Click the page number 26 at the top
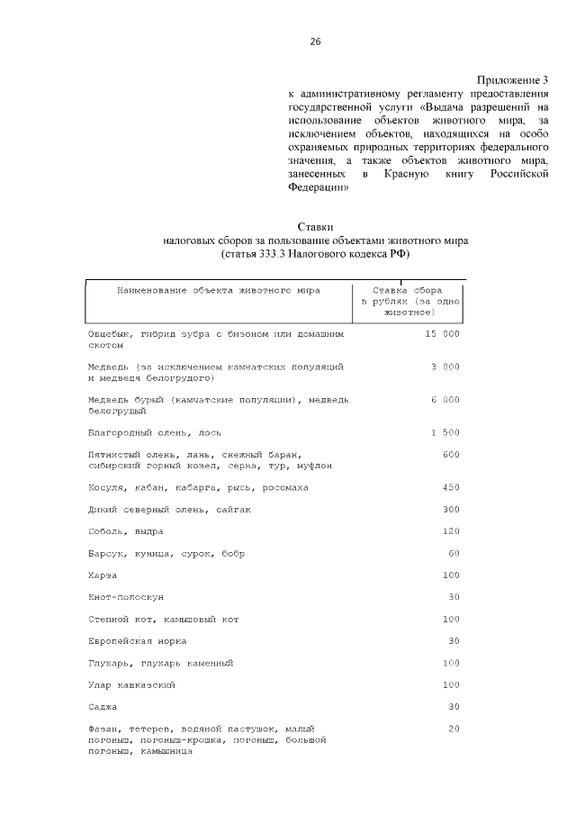tap(315, 41)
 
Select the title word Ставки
tap(315, 228)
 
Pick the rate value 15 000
tap(441, 333)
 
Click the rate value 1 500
tap(445, 432)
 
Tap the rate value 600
tap(451, 454)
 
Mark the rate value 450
tap(451, 487)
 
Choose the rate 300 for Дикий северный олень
tap(451, 509)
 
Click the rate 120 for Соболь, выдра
tap(451, 531)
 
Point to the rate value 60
tap(454, 553)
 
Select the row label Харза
tap(104, 575)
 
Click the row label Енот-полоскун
tap(126, 597)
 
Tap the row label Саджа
tap(103, 707)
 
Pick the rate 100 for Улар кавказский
tap(451, 685)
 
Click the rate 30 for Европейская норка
tap(454, 641)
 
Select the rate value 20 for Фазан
tap(454, 729)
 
